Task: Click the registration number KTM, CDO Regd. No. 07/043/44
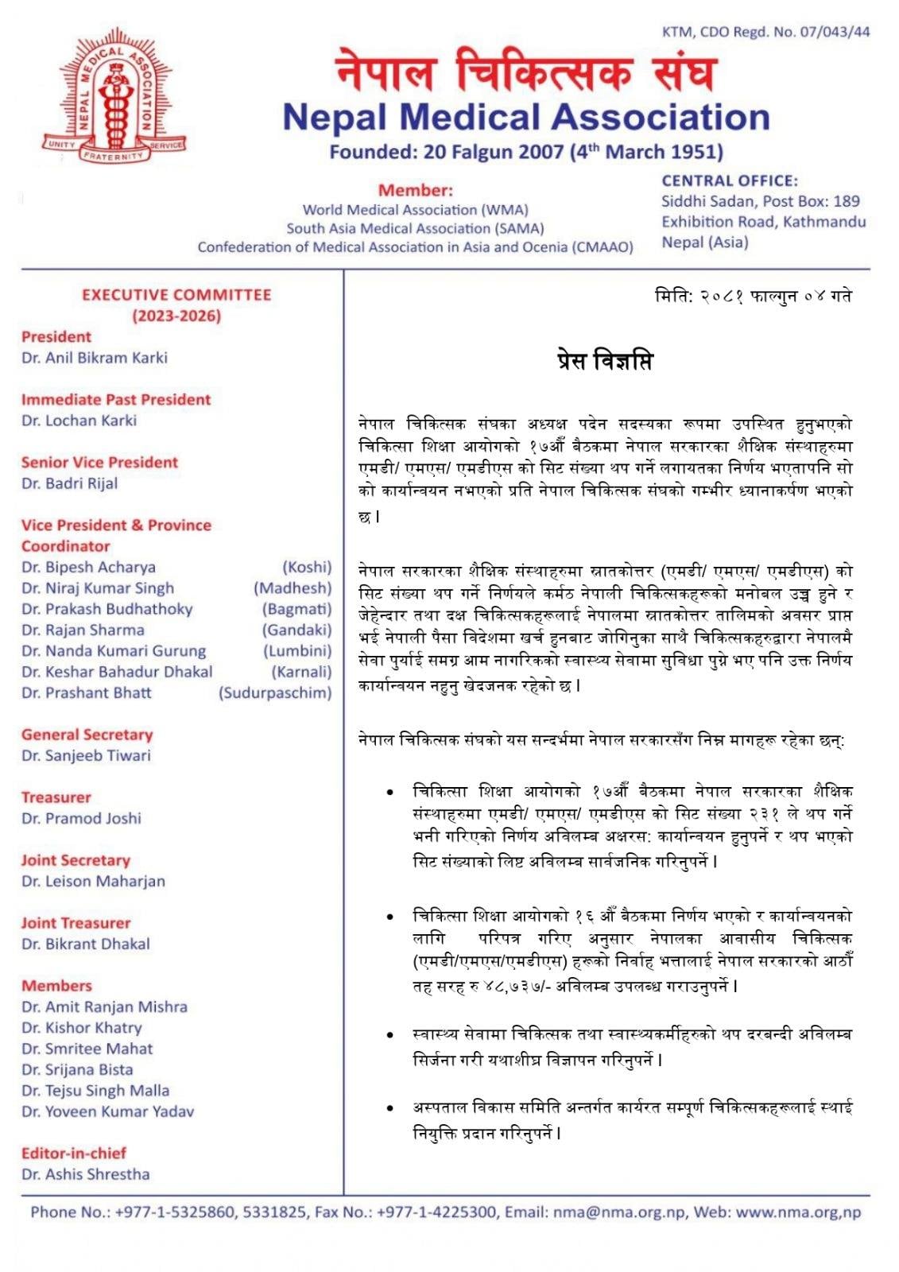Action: coord(765,33)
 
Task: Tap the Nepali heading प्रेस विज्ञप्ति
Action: coord(605,362)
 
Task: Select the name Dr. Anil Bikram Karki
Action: coord(95,358)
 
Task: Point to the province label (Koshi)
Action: coord(307,568)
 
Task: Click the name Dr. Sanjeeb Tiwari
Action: coord(86,756)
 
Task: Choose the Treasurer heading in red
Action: coord(56,797)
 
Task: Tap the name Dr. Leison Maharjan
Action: coord(94,882)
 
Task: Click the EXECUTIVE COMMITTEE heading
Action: coord(176,295)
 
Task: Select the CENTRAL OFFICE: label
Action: coord(730,181)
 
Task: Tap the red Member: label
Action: coord(415,191)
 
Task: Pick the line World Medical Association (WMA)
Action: coord(415,210)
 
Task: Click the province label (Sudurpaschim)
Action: coord(275,693)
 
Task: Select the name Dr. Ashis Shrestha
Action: coord(86,1174)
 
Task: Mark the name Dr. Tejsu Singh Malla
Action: coord(95,1091)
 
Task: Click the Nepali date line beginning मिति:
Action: coord(753,297)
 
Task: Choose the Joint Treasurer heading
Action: coord(76,923)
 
